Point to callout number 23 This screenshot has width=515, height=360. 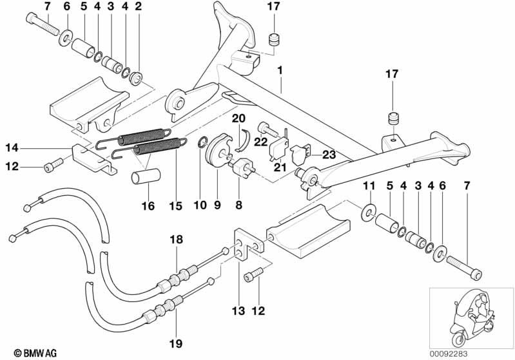point(329,155)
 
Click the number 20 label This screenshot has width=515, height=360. point(238,118)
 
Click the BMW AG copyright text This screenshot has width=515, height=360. point(25,352)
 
